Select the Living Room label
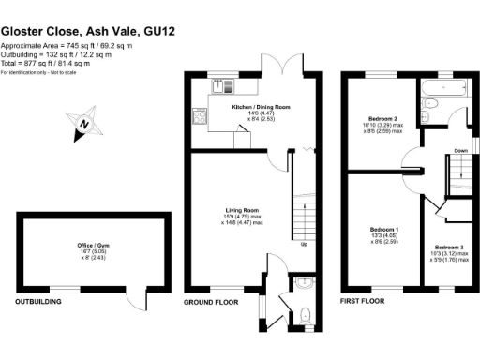click(241, 210)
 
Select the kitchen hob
click(199, 118)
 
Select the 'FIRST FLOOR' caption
click(362, 303)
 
